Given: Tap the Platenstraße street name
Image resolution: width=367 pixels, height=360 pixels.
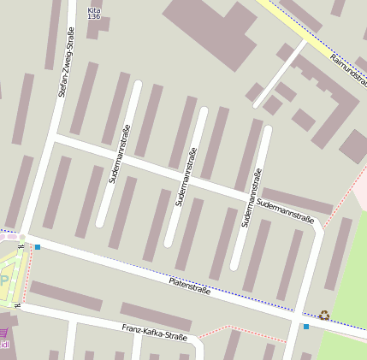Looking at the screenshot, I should pyautogui.click(x=190, y=286).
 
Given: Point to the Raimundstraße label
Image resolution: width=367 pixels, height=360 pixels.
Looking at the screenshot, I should pyautogui.click(x=347, y=69).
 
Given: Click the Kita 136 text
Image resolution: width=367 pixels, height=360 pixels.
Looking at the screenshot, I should pyautogui.click(x=94, y=12).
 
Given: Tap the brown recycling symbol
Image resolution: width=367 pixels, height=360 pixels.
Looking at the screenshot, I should pyautogui.click(x=324, y=315).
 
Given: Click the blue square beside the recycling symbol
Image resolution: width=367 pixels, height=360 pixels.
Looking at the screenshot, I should pyautogui.click(x=306, y=326).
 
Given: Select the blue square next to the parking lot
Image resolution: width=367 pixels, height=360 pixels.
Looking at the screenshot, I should pyautogui.click(x=38, y=247).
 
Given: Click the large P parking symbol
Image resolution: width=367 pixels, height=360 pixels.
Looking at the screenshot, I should pyautogui.click(x=3, y=280).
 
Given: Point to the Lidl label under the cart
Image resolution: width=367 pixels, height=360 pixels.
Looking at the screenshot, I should pyautogui.click(x=4, y=345).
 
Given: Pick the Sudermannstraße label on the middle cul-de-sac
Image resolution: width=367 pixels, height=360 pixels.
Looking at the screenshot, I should pyautogui.click(x=185, y=177).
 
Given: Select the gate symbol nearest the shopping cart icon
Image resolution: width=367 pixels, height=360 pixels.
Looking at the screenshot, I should pyautogui.click(x=18, y=304).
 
